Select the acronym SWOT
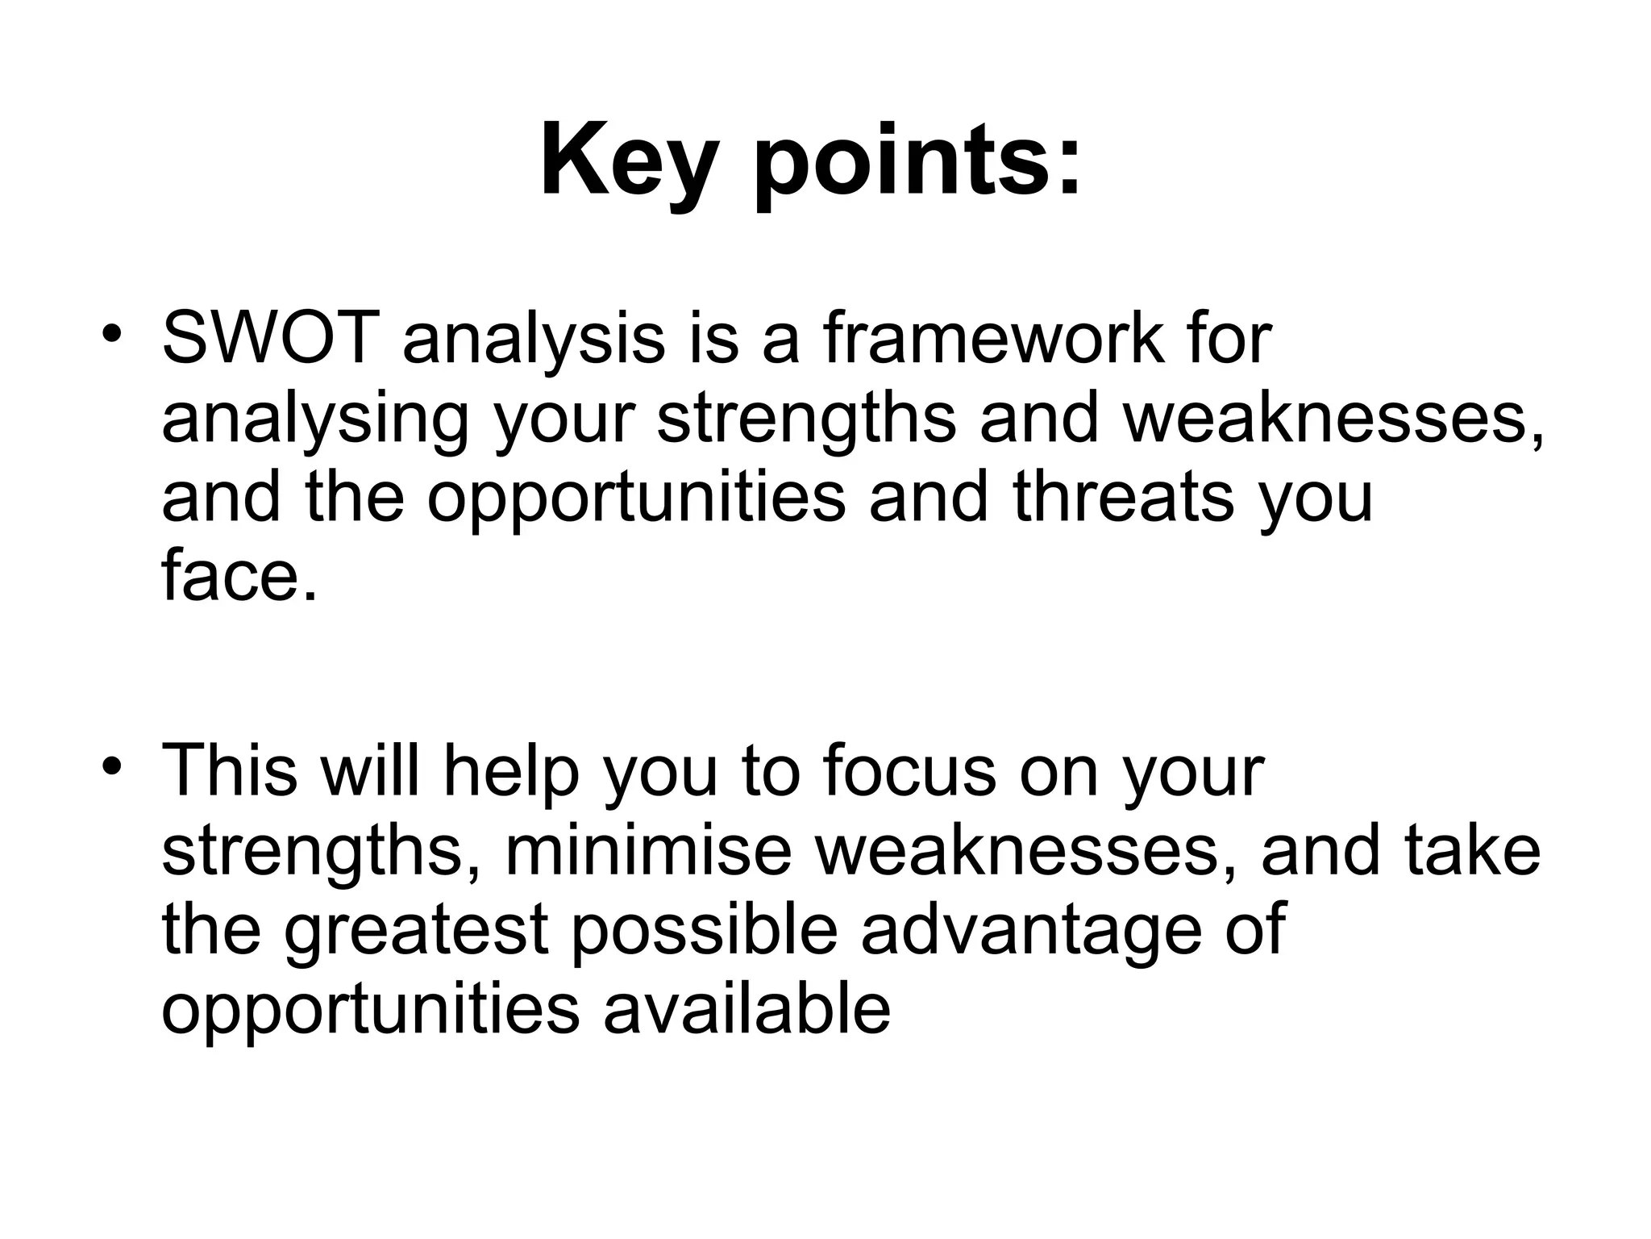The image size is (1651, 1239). click(269, 338)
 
